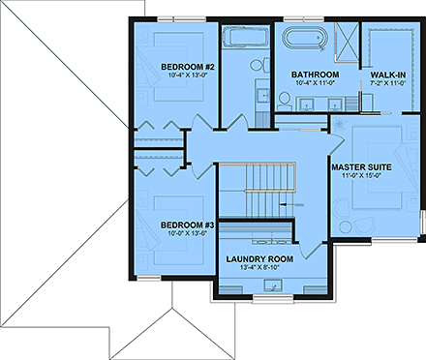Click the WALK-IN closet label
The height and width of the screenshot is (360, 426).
pos(387,75)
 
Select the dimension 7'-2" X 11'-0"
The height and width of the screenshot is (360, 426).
pos(387,85)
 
